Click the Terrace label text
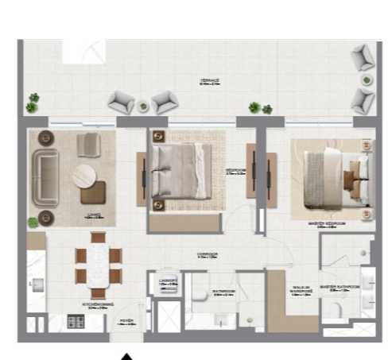(210, 80)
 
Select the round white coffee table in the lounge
(85, 176)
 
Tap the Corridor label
(208, 256)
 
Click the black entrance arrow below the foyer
(126, 355)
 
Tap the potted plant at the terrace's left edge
(31, 103)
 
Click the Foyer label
(125, 322)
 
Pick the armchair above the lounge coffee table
(90, 144)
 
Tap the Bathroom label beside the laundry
(223, 292)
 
